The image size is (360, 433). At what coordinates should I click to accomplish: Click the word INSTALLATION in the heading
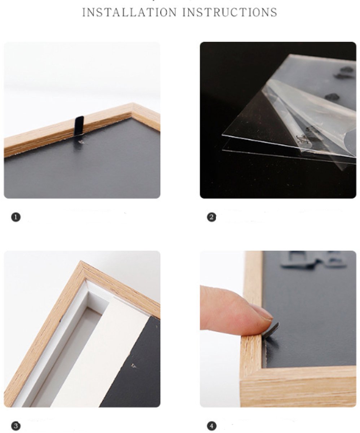click(129, 12)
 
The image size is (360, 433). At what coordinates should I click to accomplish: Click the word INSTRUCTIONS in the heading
click(230, 12)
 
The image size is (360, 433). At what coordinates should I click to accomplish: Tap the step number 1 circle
click(16, 217)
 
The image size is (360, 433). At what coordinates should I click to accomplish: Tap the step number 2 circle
click(211, 217)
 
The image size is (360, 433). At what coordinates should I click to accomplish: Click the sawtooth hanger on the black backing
click(313, 259)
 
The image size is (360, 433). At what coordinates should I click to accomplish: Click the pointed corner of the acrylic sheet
click(222, 135)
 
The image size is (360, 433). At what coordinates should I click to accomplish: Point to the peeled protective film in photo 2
click(311, 116)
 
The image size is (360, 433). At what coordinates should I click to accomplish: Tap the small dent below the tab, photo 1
click(81, 142)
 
